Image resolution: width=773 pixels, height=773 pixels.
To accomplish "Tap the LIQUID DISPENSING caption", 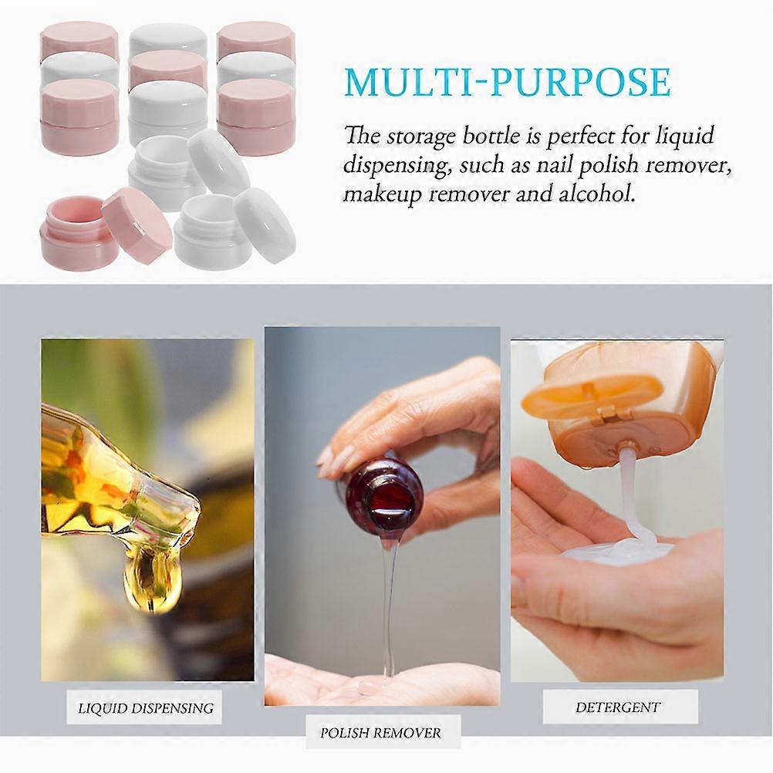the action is tap(146, 708).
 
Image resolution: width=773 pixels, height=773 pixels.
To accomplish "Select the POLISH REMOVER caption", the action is tap(380, 733).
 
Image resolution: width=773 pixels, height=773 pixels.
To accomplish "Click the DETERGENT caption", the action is tap(618, 707).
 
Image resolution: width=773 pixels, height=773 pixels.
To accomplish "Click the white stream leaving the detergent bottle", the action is tap(631, 493).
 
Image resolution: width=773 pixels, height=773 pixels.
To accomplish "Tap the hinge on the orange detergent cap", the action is tap(609, 414).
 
